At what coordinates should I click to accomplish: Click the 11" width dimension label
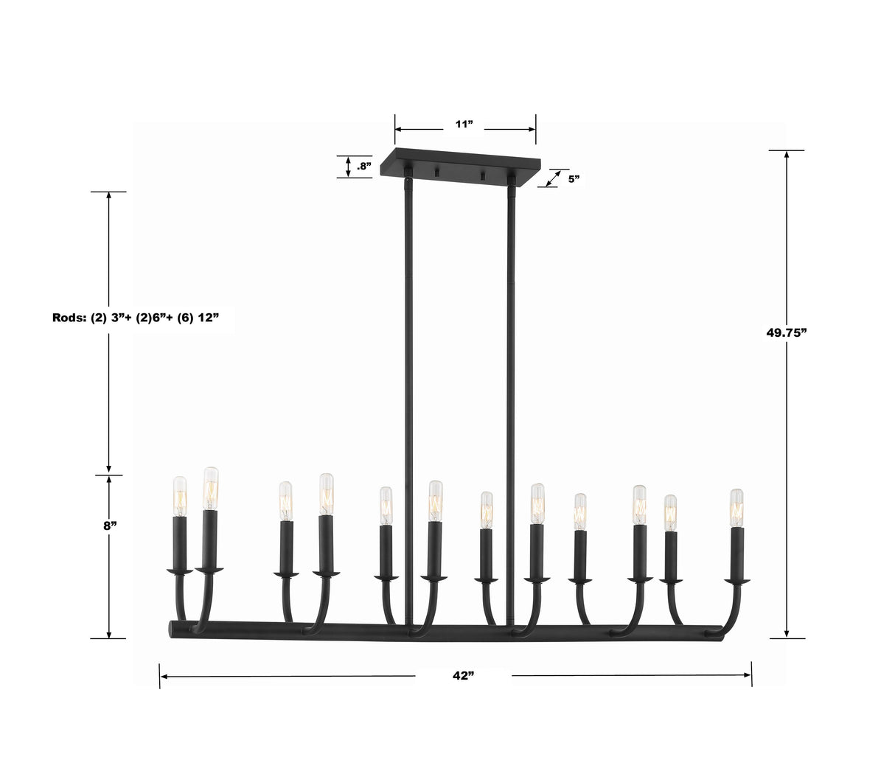point(463,125)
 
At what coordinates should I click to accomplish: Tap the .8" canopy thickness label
point(363,167)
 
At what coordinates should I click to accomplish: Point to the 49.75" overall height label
point(787,332)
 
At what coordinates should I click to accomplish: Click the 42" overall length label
point(462,676)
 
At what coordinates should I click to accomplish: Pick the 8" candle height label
point(110,526)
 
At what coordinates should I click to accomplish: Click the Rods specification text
point(136,318)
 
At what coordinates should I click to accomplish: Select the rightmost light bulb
point(736,507)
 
